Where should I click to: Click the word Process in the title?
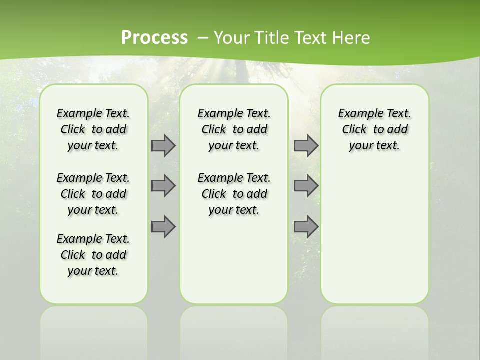(x=154, y=38)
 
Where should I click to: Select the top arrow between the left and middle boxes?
(x=163, y=145)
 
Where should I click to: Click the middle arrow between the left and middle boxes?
(x=163, y=186)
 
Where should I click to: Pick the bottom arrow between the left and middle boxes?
(x=163, y=227)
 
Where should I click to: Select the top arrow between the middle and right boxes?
(x=306, y=145)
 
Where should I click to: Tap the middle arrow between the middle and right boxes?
(x=306, y=186)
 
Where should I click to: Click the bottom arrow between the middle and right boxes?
(x=306, y=227)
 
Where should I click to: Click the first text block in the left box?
(x=93, y=129)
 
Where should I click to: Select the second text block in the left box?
(x=93, y=194)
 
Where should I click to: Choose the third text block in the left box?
(x=93, y=255)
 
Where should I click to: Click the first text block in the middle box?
(x=234, y=129)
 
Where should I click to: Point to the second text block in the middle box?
(x=234, y=194)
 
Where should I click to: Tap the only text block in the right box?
(x=374, y=129)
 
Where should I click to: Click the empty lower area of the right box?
(x=374, y=235)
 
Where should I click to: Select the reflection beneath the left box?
(x=94, y=330)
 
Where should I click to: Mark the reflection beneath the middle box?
(x=234, y=330)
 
